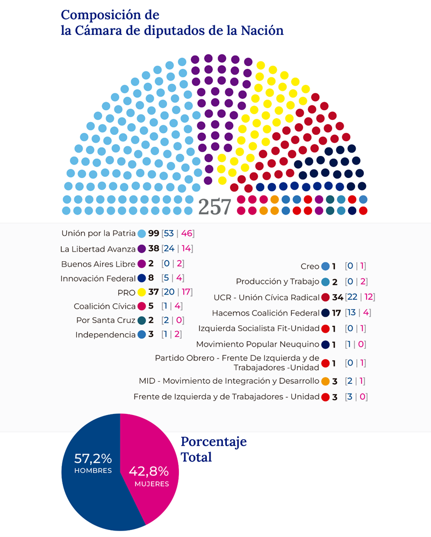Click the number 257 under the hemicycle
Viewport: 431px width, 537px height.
point(215,206)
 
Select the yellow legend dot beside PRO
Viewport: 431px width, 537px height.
point(142,292)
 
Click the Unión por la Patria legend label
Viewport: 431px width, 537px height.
point(98,234)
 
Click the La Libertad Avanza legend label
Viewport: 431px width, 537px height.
point(98,249)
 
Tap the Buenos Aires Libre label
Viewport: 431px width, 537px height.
point(98,264)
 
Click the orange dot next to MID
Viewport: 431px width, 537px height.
point(325,382)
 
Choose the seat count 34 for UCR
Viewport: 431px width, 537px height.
point(339,297)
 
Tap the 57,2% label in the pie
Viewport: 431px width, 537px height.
point(93,459)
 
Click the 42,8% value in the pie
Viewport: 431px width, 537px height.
point(149,471)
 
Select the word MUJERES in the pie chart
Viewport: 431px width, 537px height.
point(149,484)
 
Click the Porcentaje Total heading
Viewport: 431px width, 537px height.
point(213,449)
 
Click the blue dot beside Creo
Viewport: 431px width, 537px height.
point(325,266)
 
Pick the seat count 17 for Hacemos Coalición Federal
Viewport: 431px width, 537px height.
point(337,312)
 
